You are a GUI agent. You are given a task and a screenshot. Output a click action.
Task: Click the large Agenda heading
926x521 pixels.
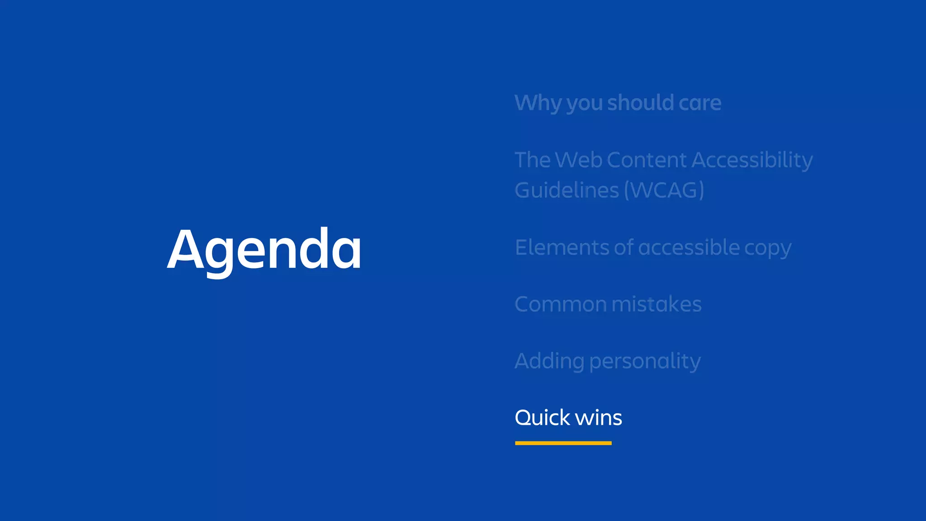(264, 250)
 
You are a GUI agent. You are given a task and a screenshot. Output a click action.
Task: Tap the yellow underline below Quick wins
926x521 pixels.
(563, 443)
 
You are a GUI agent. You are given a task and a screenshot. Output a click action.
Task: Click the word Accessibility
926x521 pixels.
(752, 161)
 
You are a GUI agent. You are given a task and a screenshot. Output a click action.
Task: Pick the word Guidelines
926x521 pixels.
(567, 190)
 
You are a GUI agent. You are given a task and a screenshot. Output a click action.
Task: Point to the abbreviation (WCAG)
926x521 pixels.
(664, 190)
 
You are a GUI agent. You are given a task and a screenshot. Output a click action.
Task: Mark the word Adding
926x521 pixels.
(549, 362)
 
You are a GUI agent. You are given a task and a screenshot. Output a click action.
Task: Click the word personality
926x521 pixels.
(645, 362)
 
